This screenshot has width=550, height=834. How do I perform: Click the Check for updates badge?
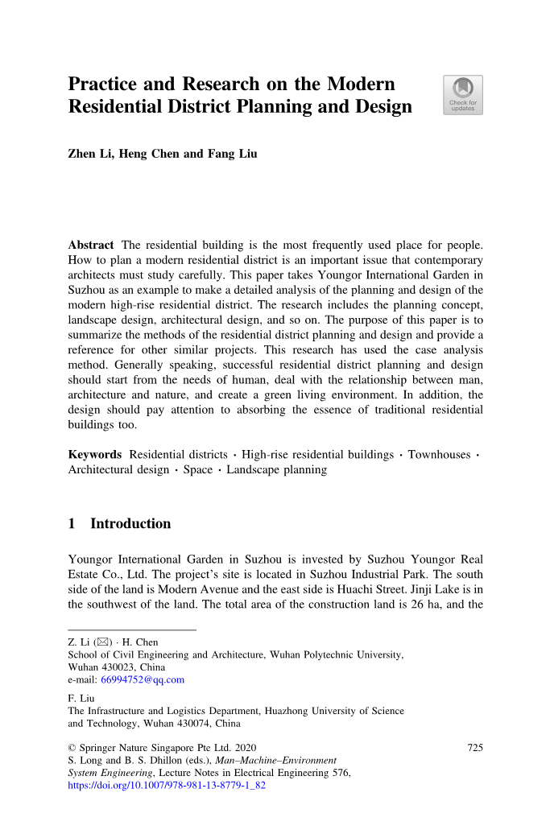(463, 95)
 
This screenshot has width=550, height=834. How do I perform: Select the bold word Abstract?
(91, 245)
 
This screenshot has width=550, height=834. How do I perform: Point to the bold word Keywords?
(95, 455)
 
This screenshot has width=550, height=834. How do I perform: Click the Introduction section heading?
(130, 524)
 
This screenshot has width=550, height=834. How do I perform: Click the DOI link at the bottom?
(167, 785)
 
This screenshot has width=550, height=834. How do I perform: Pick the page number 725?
(475, 748)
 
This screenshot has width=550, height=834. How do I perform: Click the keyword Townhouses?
(439, 455)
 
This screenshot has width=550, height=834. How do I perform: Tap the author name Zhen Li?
(90, 154)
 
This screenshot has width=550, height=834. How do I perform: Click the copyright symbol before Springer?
(72, 748)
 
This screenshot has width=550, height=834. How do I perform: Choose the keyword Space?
(198, 469)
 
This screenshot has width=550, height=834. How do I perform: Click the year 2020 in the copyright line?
(244, 748)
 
